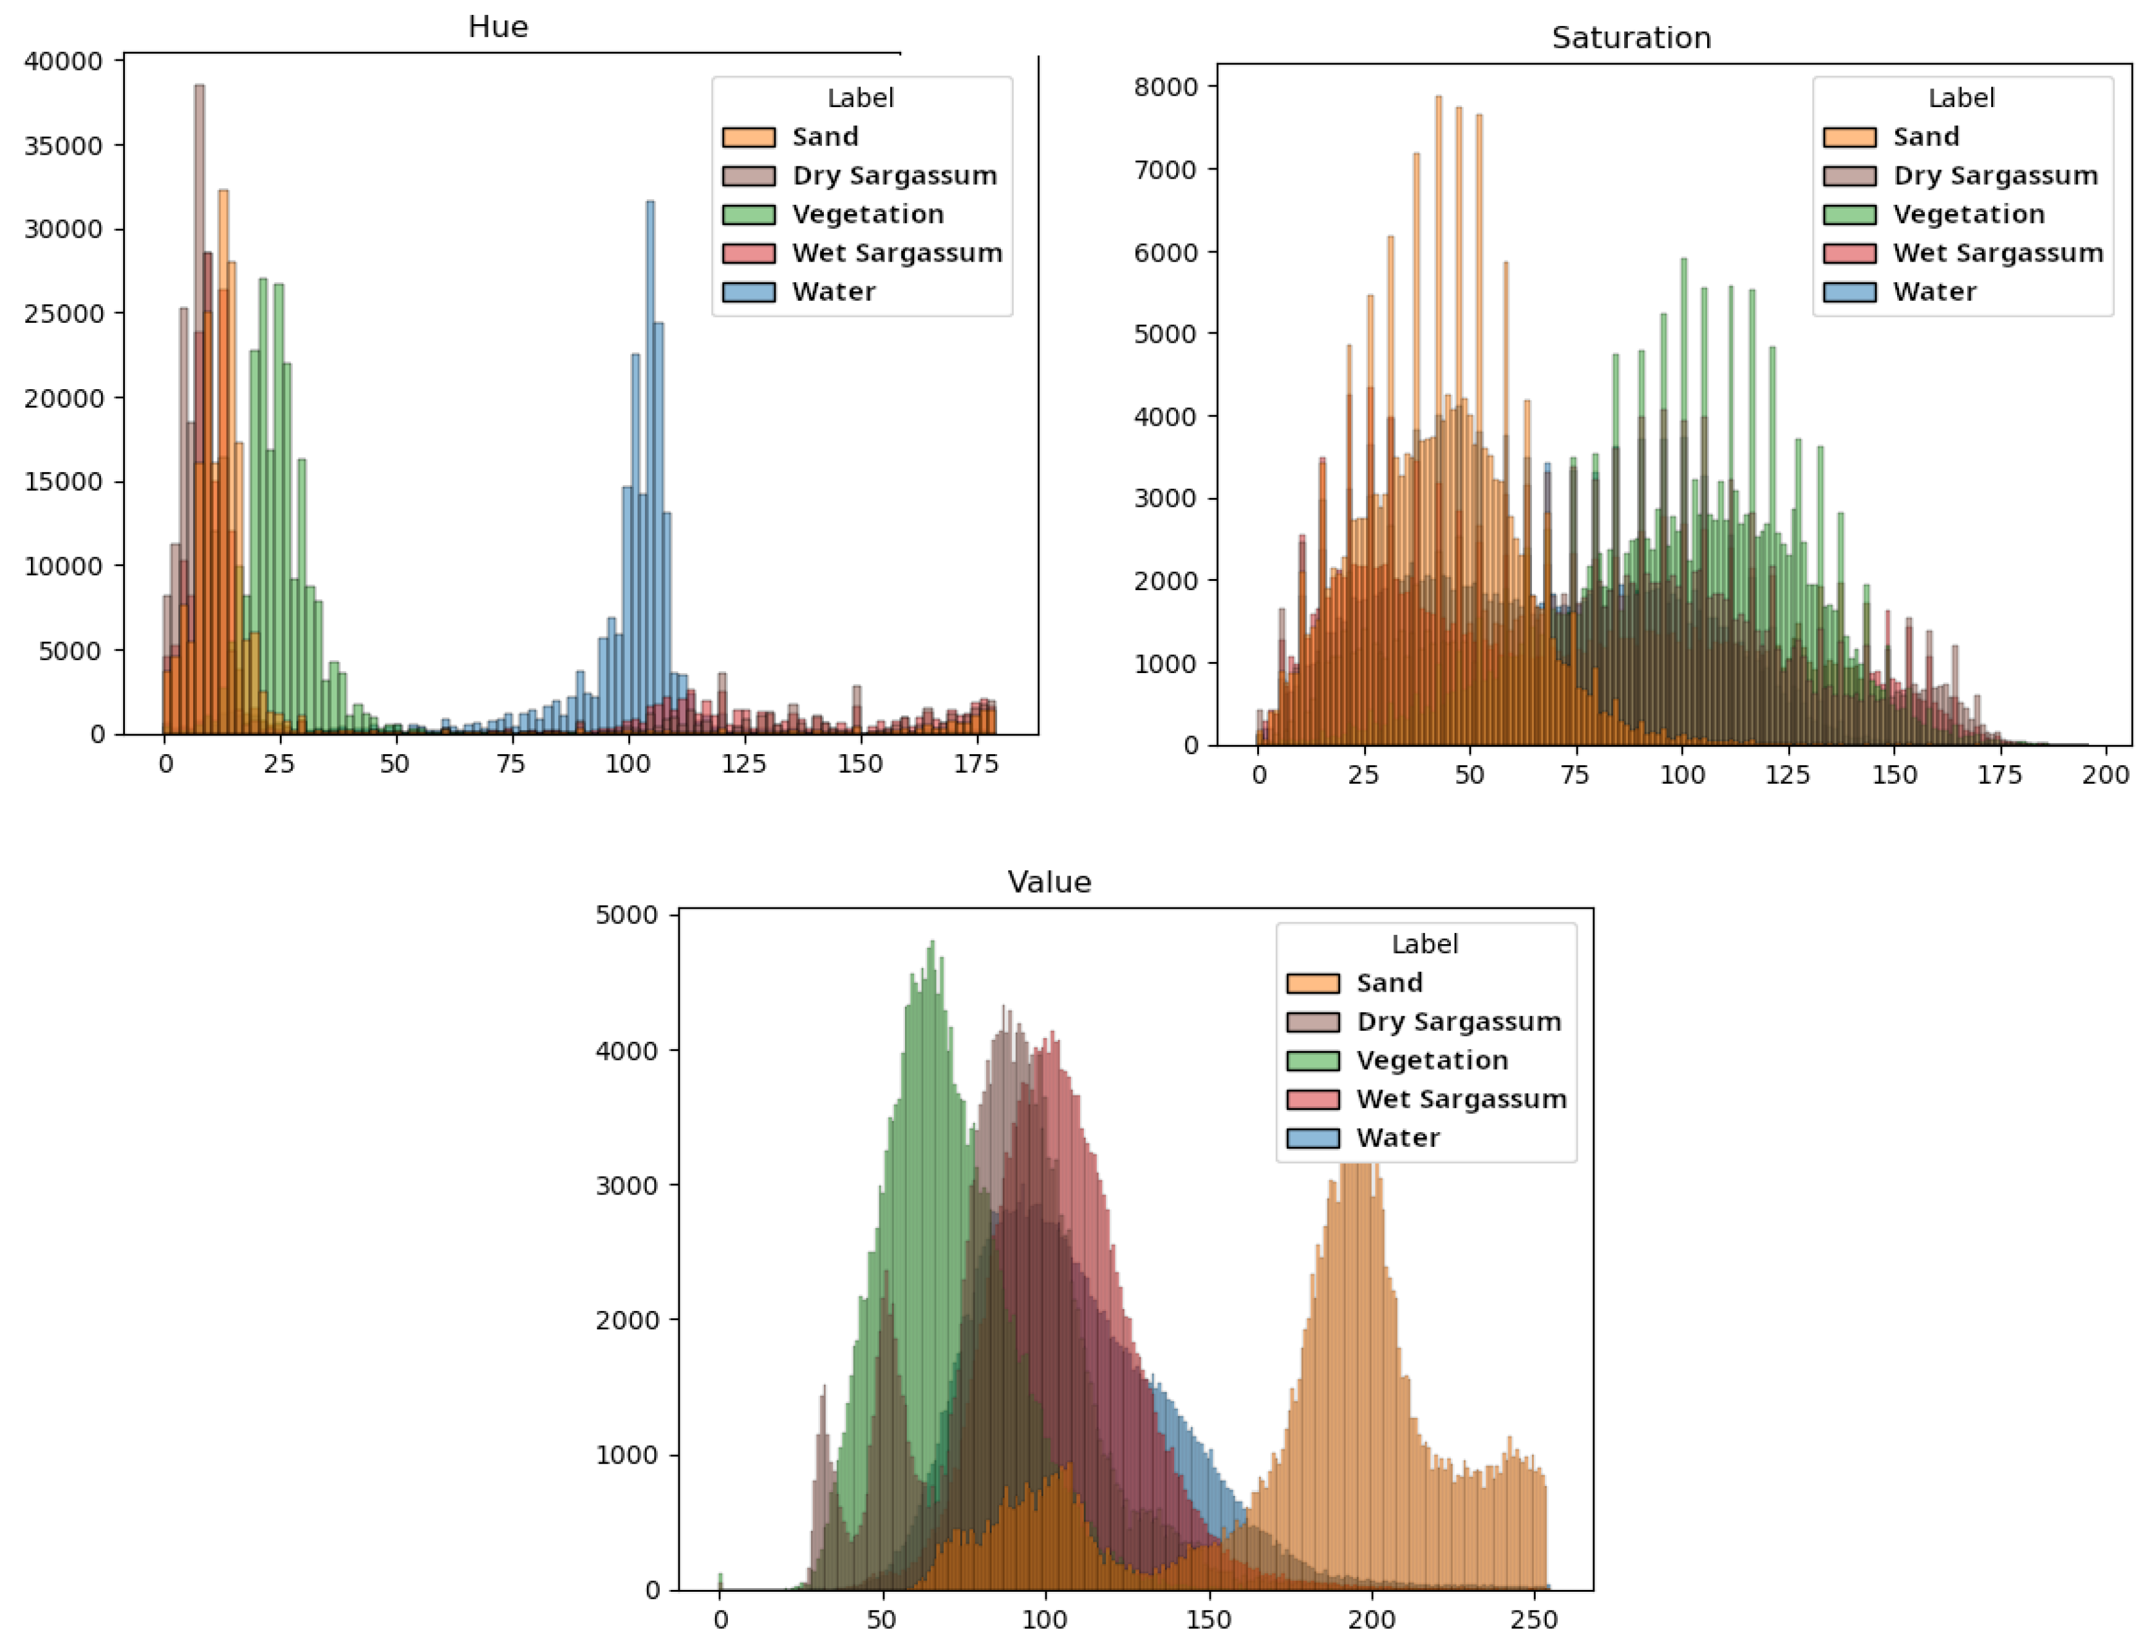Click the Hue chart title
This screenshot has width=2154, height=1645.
click(x=498, y=27)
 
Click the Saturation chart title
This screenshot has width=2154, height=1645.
click(x=1631, y=38)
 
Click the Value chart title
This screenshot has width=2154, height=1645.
click(x=1049, y=882)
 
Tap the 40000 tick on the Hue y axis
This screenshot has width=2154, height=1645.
click(x=63, y=61)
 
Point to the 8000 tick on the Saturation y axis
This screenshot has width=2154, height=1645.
click(x=1166, y=86)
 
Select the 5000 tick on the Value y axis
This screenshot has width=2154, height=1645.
click(x=627, y=914)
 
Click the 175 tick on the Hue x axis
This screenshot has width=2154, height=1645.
click(x=975, y=764)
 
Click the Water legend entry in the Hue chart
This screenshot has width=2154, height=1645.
click(x=833, y=292)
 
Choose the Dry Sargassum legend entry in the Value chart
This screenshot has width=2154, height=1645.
click(x=1458, y=1021)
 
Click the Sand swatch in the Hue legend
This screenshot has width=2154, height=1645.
click(x=748, y=137)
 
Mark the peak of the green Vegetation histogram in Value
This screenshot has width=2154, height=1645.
click(x=932, y=945)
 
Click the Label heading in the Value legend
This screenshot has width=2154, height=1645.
click(x=1424, y=944)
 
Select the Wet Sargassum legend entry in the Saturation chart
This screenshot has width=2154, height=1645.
click(x=1997, y=252)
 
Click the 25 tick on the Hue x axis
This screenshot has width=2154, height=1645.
click(x=279, y=764)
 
